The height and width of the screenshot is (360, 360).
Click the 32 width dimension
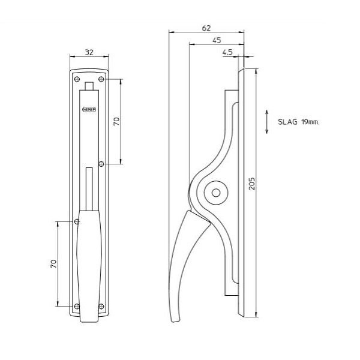click(89, 53)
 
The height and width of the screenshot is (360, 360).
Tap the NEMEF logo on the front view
click(89, 110)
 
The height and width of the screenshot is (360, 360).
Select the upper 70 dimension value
click(116, 121)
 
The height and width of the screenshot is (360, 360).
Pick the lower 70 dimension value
click(53, 264)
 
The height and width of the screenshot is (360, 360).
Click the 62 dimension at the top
click(206, 28)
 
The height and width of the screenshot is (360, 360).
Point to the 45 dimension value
click(217, 40)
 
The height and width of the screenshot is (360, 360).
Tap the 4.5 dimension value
click(227, 53)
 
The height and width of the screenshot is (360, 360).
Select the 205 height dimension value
click(252, 184)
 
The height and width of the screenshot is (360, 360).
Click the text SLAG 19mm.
click(298, 122)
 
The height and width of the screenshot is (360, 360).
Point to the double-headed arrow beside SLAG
click(266, 122)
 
